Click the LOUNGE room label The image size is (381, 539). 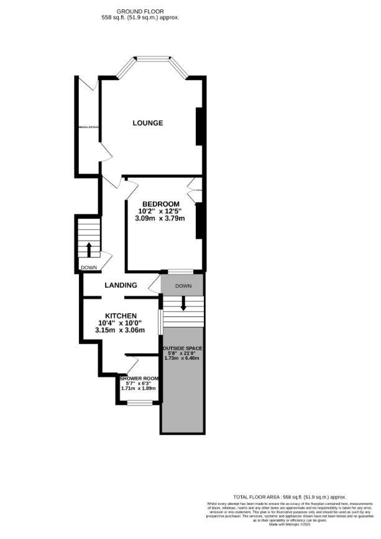tap(148, 123)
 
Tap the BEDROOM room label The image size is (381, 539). tap(161, 204)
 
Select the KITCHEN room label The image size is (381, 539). tap(121, 316)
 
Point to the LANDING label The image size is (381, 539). tap(121, 285)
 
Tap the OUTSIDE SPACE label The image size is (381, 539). tap(182, 348)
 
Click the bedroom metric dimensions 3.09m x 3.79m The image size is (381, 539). tap(160, 218)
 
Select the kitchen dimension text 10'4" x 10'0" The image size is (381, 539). tap(121, 323)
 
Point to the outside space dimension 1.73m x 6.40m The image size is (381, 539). tap(182, 359)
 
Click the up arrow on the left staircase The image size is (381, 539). tap(88, 249)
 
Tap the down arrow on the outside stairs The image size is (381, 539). tap(183, 304)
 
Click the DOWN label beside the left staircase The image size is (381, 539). tap(88, 268)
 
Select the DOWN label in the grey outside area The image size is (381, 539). tap(183, 287)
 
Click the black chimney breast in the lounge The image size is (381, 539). tap(199, 126)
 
